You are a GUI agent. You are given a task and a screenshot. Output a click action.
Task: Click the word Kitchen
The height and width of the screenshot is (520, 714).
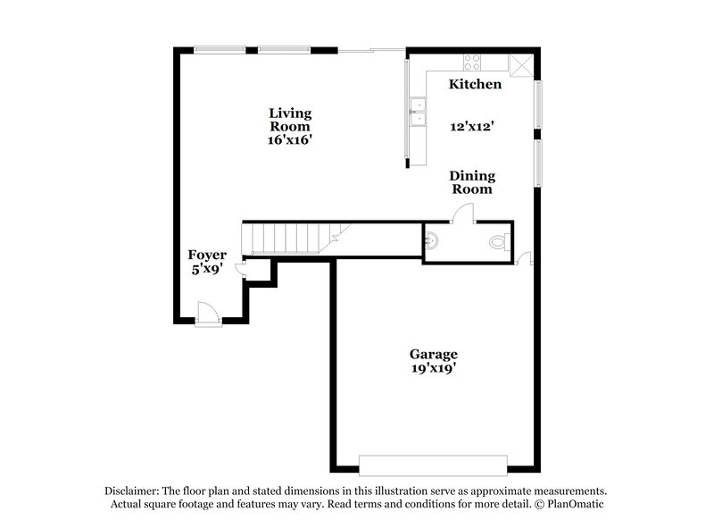coord(474,85)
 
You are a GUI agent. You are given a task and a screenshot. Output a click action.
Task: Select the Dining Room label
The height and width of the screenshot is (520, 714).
coord(470,182)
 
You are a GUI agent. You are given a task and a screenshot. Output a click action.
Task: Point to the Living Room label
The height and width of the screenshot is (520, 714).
coord(291,120)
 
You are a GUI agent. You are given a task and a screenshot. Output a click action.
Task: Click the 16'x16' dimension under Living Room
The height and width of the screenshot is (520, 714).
coord(291,140)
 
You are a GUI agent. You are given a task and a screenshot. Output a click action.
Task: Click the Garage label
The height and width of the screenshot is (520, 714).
coord(434,354)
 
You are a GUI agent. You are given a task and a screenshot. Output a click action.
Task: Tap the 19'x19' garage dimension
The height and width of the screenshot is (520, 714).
coord(434,368)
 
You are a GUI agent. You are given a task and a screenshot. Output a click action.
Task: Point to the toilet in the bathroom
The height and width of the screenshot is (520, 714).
coord(498,241)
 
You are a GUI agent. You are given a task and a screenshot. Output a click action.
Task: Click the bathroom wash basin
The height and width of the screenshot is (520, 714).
coord(431,239)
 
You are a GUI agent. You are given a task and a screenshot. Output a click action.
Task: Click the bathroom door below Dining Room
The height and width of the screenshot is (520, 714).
coord(464,212)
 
